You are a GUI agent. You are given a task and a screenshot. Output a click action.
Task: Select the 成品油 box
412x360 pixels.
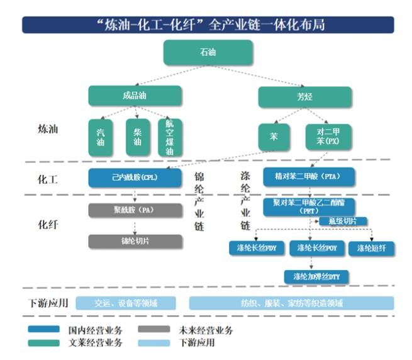pyautogui.click(x=135, y=96)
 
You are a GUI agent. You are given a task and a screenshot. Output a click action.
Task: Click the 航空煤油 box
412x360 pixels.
pyautogui.click(x=169, y=137)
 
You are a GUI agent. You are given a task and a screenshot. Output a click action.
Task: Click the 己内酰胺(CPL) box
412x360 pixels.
pyautogui.click(x=135, y=177)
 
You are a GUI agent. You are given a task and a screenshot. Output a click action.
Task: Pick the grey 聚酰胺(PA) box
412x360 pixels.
pyautogui.click(x=135, y=210)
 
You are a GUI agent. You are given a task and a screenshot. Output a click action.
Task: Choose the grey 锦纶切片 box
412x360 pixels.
pyautogui.click(x=135, y=241)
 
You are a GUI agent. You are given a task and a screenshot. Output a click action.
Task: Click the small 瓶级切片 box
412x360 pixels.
pyautogui.click(x=343, y=221)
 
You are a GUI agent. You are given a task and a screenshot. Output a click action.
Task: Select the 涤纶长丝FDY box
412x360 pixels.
pyautogui.click(x=253, y=249)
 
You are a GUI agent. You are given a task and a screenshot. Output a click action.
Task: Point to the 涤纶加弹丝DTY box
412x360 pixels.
pyautogui.click(x=316, y=276)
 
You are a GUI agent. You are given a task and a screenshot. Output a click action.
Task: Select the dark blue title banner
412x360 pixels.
pyautogui.click(x=208, y=25)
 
